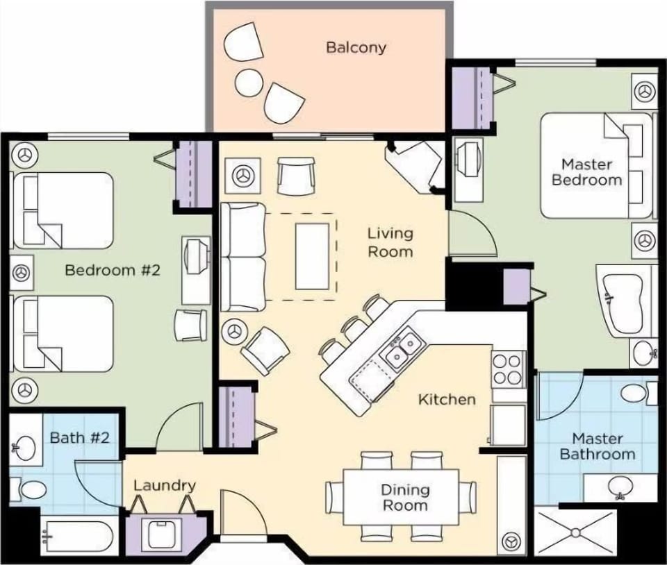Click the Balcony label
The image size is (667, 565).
point(356,48)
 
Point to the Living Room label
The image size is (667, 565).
point(390,242)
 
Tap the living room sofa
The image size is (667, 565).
point(243,257)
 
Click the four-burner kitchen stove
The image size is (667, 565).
point(508,369)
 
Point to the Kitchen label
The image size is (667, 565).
point(447,400)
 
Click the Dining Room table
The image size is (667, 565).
point(402,497)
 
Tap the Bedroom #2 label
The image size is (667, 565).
point(112,270)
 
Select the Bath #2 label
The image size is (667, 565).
point(79,438)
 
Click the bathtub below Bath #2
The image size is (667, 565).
point(76,537)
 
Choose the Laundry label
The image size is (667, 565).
point(164,486)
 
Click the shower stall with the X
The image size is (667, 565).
point(575,532)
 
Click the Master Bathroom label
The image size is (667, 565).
point(597,446)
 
